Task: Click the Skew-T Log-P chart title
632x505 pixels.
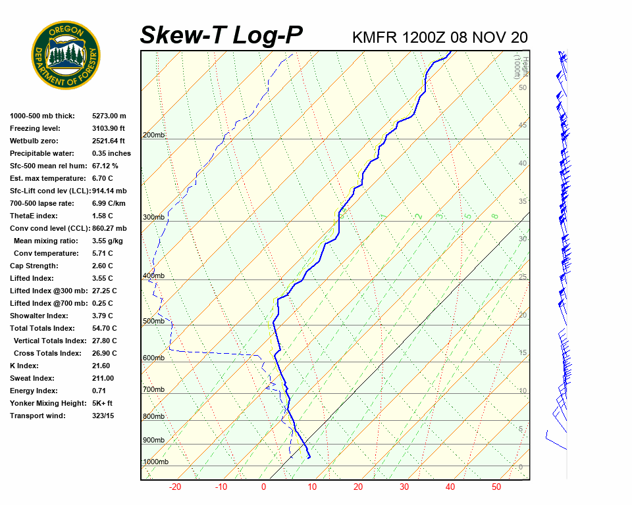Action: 221,36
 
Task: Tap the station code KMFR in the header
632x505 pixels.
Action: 375,37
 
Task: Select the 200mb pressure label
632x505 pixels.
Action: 153,135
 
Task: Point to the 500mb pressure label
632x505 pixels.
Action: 153,322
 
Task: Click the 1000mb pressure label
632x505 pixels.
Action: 155,462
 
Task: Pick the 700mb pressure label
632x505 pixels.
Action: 153,390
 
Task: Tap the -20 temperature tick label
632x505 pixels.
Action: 175,487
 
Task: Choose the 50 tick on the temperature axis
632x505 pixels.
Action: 496,487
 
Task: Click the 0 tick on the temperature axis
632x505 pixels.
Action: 263,487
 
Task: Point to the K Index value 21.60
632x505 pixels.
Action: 101,366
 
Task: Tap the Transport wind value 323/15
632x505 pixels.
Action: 103,416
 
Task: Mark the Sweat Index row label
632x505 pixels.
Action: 32,378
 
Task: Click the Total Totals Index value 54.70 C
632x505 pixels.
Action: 104,328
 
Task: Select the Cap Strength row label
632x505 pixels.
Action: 34,266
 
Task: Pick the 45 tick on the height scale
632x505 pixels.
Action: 523,125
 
